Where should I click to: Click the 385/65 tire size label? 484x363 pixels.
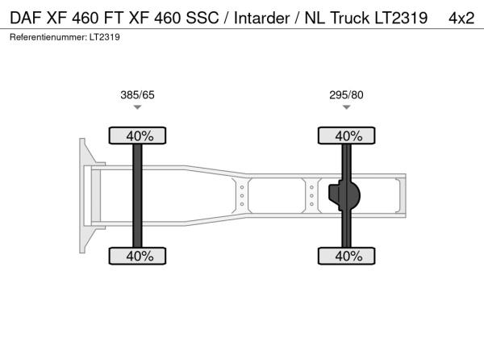(137, 94)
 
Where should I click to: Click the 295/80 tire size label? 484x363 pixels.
(346, 94)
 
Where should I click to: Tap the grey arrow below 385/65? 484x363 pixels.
(137, 107)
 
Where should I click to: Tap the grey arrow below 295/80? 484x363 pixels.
(346, 107)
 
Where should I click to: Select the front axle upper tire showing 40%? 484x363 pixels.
(137, 136)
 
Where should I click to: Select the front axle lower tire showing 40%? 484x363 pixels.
(137, 256)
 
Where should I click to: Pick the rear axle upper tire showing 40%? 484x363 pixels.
(347, 136)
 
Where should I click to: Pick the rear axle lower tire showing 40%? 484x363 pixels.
(347, 256)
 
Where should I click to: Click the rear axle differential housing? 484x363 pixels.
(344, 195)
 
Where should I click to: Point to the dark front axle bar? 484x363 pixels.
(137, 196)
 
